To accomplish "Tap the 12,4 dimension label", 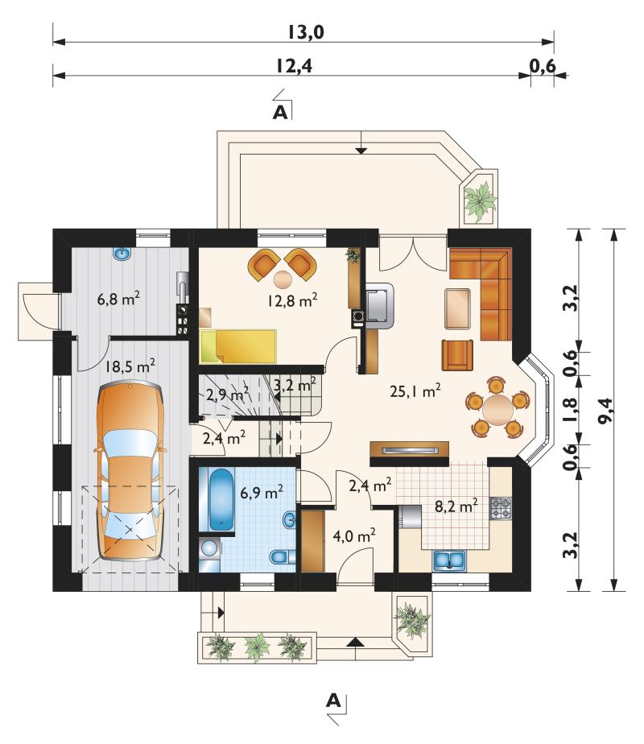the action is pyautogui.click(x=295, y=66).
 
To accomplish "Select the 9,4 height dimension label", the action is pyautogui.click(x=606, y=411).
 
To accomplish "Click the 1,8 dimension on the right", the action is pyautogui.click(x=571, y=410).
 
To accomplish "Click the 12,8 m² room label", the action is pyautogui.click(x=291, y=300).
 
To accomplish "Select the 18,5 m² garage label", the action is pyautogui.click(x=130, y=366).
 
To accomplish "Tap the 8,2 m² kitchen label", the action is pyautogui.click(x=456, y=506).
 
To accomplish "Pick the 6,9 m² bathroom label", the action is pyautogui.click(x=262, y=492).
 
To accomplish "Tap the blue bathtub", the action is pyautogui.click(x=221, y=500).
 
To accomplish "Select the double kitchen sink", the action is pyautogui.click(x=449, y=560).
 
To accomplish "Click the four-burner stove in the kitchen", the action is pyautogui.click(x=501, y=508).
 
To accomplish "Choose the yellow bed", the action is pyautogui.click(x=238, y=346).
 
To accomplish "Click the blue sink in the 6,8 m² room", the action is pyautogui.click(x=122, y=254).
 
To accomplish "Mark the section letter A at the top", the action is pyautogui.click(x=281, y=113).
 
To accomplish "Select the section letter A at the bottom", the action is pyautogui.click(x=334, y=700).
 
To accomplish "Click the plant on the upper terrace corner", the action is pyautogui.click(x=480, y=201).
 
